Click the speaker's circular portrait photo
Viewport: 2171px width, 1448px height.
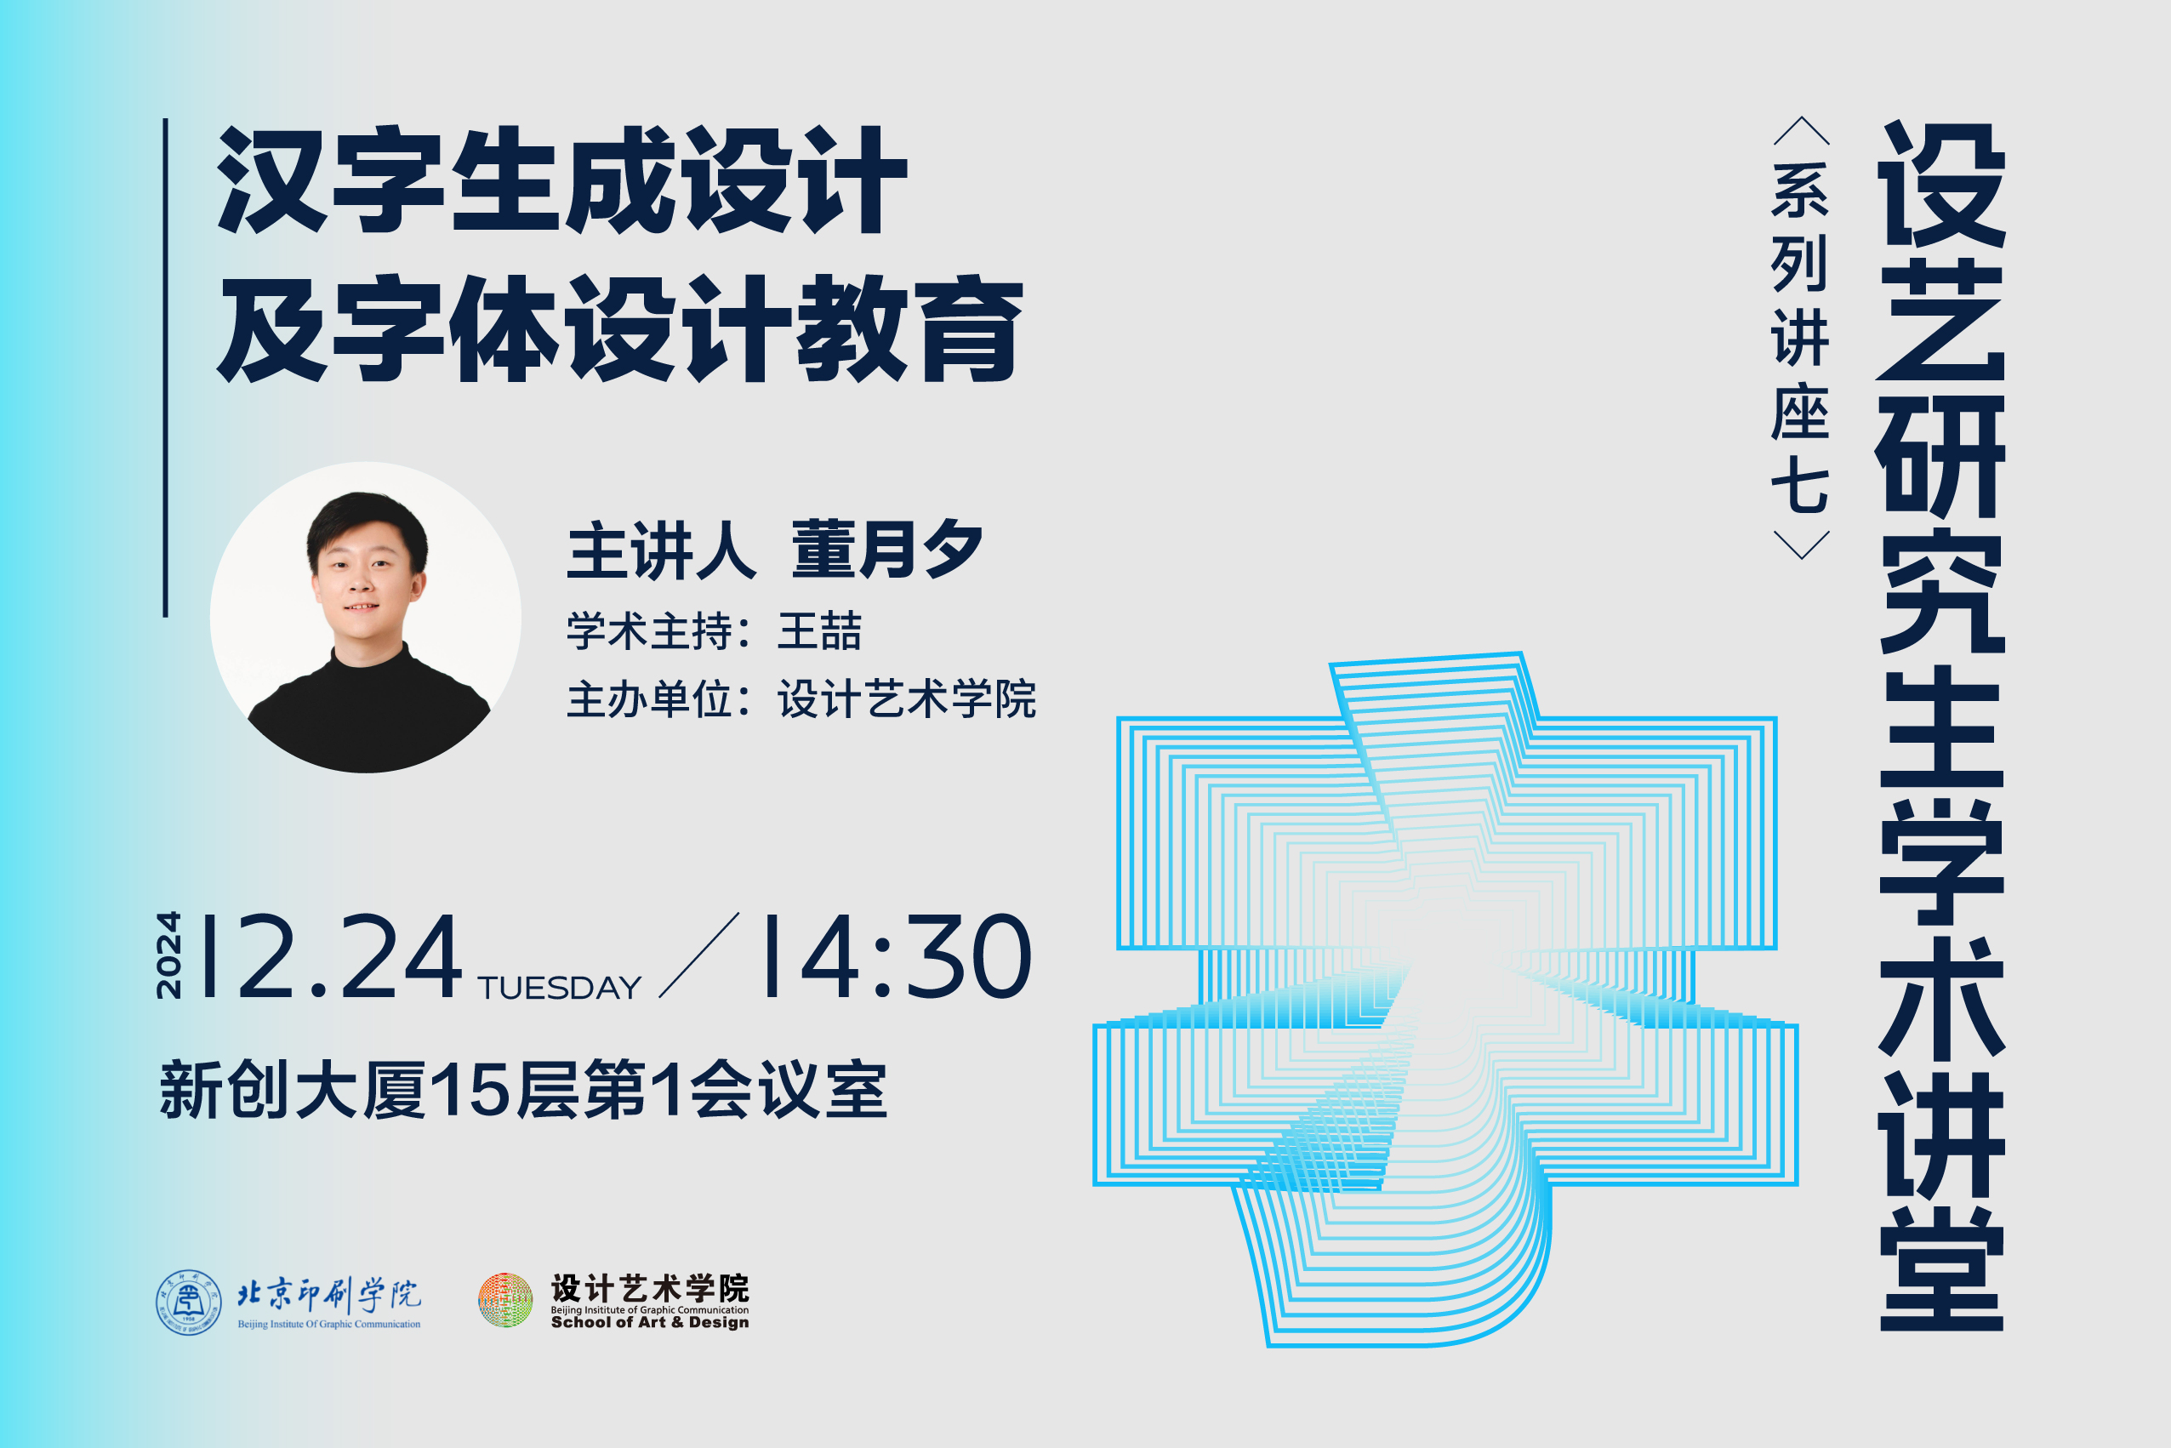pos(366,617)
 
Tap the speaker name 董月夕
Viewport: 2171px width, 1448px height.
pos(886,550)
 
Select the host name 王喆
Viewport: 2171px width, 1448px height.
pos(819,630)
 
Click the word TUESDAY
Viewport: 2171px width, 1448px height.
pos(560,988)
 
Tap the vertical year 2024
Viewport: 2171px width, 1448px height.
pos(169,955)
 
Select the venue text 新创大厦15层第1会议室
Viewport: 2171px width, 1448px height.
pos(523,1090)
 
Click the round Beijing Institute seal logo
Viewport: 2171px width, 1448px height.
pos(188,1302)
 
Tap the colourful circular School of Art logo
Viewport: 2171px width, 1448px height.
pos(505,1300)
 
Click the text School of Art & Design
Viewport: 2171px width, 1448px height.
pos(650,1322)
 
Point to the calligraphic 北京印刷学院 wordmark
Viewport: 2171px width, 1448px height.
pos(328,1294)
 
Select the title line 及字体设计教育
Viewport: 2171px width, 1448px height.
pos(620,328)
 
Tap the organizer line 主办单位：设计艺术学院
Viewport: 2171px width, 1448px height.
pos(801,699)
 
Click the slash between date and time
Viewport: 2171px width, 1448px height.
pos(699,955)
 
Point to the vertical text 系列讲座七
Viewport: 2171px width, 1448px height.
pos(1800,337)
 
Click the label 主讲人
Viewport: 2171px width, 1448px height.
pos(661,550)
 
